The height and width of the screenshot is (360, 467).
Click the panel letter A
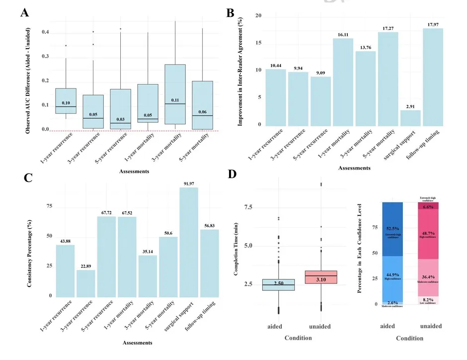click(x=24, y=13)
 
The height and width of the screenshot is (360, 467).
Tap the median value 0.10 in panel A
click(x=66, y=103)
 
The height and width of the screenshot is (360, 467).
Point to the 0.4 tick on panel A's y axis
click(x=45, y=32)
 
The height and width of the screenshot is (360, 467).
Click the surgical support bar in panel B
click(x=410, y=118)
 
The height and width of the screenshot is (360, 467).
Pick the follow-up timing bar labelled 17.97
click(x=433, y=77)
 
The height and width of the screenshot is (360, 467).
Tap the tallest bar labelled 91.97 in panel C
click(x=189, y=242)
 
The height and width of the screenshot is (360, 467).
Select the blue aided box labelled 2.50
click(x=278, y=284)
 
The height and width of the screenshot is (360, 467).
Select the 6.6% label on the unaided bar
click(x=428, y=206)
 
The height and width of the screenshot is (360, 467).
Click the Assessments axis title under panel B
click(x=354, y=168)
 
